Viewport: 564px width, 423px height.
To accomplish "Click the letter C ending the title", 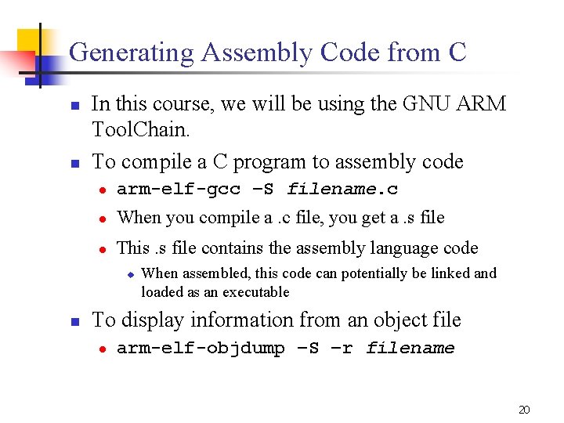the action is (x=457, y=53).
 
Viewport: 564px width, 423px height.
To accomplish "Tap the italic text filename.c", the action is (x=342, y=190).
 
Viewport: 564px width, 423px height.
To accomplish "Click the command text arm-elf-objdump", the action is (x=200, y=349).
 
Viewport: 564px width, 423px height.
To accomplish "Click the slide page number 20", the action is (x=524, y=409).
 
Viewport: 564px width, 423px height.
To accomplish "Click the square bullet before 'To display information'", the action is (x=73, y=322).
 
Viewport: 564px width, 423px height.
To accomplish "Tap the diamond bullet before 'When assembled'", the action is (x=131, y=274).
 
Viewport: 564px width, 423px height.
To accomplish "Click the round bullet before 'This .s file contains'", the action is (x=102, y=249).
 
